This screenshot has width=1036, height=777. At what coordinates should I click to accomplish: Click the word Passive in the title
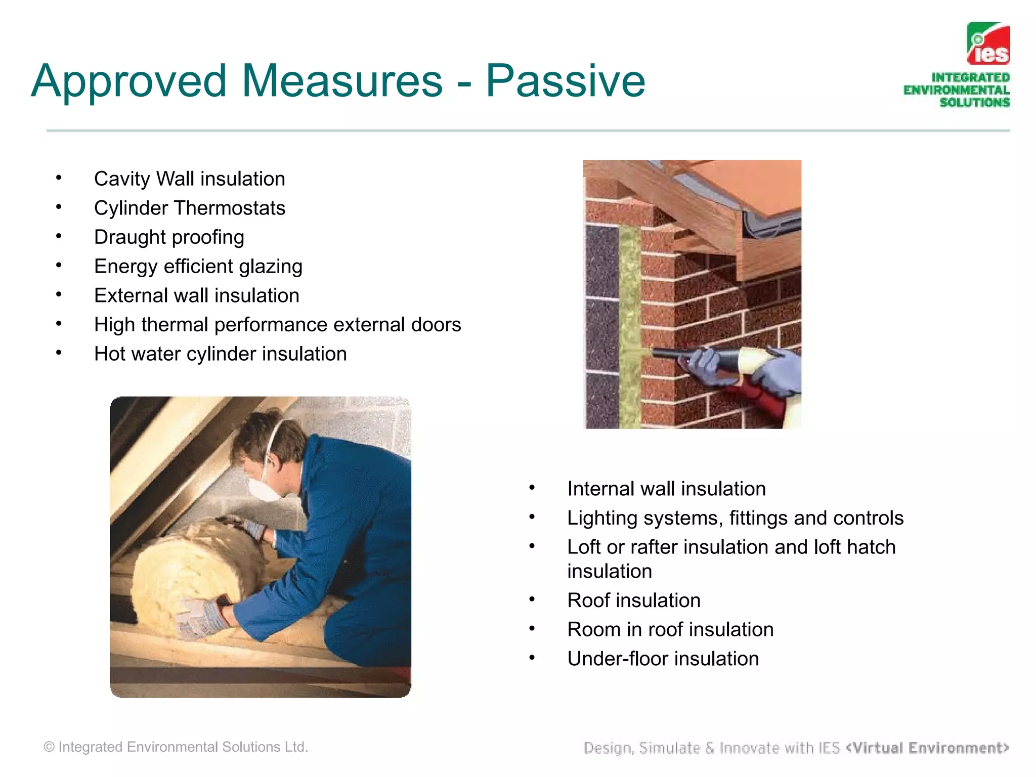click(565, 81)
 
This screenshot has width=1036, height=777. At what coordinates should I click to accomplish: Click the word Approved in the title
click(129, 81)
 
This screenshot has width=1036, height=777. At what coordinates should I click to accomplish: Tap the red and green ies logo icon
click(988, 44)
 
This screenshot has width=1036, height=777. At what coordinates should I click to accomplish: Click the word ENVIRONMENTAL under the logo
click(956, 90)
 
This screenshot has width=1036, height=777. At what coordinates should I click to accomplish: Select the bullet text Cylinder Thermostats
click(190, 208)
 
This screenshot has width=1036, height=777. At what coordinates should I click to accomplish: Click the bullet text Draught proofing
click(169, 237)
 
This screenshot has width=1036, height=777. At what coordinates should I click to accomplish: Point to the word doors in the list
click(436, 325)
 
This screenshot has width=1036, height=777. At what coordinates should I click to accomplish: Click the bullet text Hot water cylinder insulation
click(220, 354)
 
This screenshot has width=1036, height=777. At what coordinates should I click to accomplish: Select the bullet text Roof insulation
click(633, 600)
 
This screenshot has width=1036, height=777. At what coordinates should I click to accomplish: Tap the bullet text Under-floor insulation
click(663, 659)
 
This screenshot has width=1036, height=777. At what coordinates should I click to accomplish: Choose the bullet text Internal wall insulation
click(666, 489)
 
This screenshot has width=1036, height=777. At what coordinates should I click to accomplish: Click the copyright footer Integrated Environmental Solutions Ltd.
click(176, 747)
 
